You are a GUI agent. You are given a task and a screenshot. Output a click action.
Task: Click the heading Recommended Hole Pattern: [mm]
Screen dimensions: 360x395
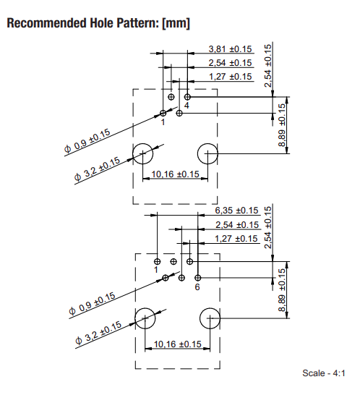(x=98, y=23)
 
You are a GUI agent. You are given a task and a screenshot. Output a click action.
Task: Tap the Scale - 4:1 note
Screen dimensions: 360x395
(x=324, y=373)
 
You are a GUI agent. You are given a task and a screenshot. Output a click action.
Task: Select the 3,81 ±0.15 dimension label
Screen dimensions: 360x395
(x=230, y=49)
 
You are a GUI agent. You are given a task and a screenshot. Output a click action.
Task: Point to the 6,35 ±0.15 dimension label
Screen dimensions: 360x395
(x=236, y=211)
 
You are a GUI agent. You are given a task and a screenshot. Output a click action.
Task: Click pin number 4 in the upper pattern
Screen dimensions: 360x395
(x=187, y=106)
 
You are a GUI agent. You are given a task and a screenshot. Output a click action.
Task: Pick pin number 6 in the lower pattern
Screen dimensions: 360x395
(x=197, y=287)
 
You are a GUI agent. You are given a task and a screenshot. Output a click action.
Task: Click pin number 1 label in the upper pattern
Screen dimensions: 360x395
(x=163, y=122)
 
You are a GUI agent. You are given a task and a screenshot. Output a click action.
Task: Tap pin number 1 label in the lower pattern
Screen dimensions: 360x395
(x=156, y=270)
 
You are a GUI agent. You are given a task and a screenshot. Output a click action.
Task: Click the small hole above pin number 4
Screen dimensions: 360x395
(x=187, y=97)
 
